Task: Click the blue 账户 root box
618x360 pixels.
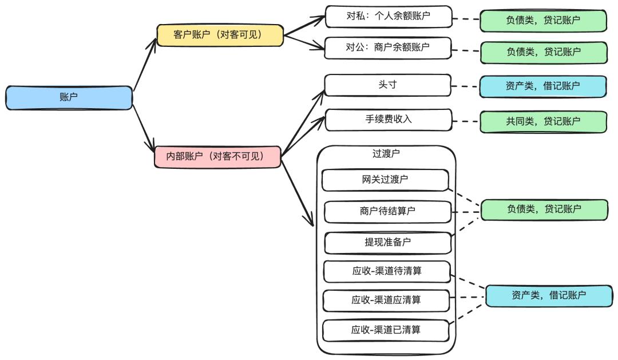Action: click(69, 97)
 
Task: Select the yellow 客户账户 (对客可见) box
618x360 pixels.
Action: click(220, 35)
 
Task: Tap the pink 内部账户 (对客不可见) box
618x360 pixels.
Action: click(217, 156)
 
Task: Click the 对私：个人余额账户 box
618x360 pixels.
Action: click(388, 17)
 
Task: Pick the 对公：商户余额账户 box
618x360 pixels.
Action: click(388, 48)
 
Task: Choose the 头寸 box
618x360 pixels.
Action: click(388, 85)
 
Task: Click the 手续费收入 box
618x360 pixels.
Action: click(388, 120)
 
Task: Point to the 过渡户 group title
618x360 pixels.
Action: click(386, 154)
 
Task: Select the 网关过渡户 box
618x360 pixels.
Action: click(385, 180)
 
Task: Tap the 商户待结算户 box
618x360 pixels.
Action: click(387, 211)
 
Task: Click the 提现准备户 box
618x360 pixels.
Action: click(387, 242)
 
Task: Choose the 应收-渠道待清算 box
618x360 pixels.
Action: click(387, 271)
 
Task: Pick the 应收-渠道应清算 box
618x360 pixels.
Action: click(387, 300)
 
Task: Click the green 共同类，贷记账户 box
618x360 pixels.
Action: click(543, 121)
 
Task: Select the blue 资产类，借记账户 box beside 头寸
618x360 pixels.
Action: click(542, 86)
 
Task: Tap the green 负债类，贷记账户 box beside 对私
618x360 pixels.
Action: click(543, 21)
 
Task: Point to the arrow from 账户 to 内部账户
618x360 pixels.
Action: click(143, 127)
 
